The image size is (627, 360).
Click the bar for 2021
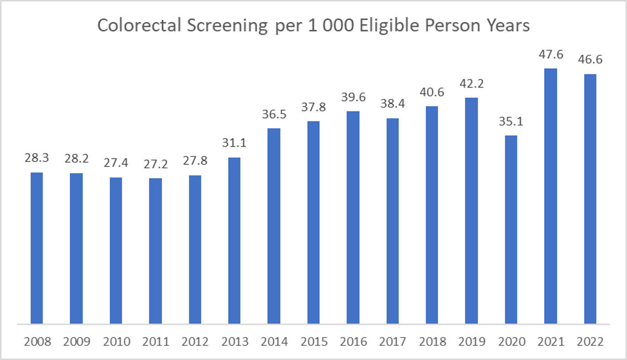tap(550, 196)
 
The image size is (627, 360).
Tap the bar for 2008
tap(37, 248)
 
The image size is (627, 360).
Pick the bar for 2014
tap(274, 226)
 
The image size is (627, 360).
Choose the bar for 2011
tap(155, 251)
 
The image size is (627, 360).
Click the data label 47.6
tap(551, 55)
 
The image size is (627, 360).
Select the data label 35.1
tap(511, 122)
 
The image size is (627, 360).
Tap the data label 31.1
tap(234, 144)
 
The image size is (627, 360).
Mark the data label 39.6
tap(353, 98)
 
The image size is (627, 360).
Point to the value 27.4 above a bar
tap(115, 163)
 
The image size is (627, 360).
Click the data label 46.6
tap(590, 60)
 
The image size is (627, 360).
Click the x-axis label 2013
tap(234, 342)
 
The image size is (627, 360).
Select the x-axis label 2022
tap(590, 342)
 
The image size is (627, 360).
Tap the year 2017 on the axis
tap(392, 342)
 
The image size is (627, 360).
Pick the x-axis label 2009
tap(76, 342)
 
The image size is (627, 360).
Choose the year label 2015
tap(313, 342)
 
